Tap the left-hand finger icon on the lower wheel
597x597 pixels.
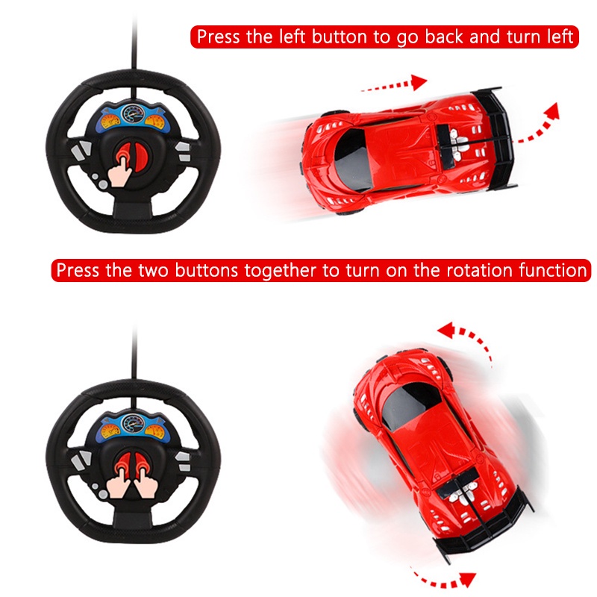tap(119, 476)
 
